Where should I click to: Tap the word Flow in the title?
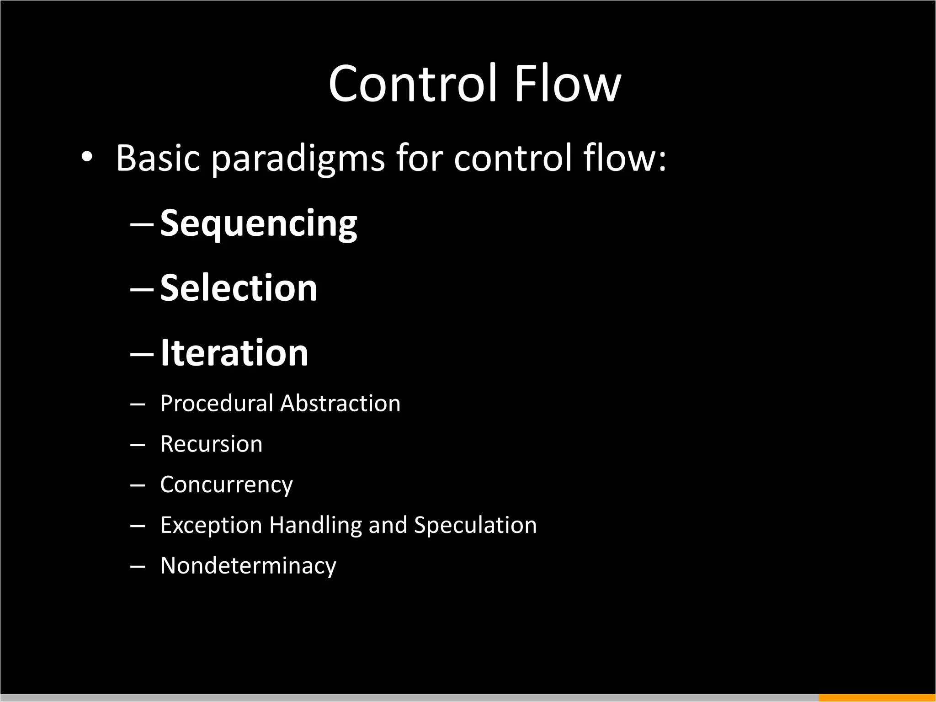pyautogui.click(x=567, y=84)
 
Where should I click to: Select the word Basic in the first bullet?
pyautogui.click(x=158, y=158)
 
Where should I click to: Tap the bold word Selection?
pyautogui.click(x=239, y=288)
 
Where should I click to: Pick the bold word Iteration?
pyautogui.click(x=234, y=353)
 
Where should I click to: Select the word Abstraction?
pyautogui.click(x=340, y=404)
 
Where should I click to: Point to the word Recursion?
pyautogui.click(x=211, y=444)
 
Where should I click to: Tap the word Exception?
pyautogui.click(x=211, y=525)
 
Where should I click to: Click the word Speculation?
pyautogui.click(x=475, y=525)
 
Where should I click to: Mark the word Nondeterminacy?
pyautogui.click(x=248, y=566)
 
